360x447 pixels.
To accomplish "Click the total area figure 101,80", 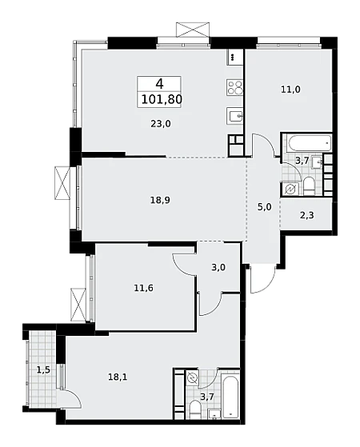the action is (162, 99).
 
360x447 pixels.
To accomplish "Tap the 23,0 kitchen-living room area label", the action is (160, 124).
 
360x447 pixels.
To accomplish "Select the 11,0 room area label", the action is (290, 90).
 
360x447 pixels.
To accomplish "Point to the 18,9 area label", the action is (160, 200).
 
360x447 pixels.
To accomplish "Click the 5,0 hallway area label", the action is (265, 207).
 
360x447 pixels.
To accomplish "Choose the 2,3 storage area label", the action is (307, 215).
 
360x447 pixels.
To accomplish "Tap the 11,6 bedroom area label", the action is (143, 288).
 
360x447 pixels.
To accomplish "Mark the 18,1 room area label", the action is (118, 377).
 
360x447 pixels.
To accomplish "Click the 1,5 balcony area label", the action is (43, 370).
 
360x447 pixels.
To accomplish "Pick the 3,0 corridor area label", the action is (218, 267).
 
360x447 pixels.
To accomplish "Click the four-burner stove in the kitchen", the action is (234, 87).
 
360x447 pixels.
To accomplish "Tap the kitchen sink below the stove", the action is (234, 115).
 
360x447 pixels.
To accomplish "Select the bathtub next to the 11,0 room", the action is (307, 143).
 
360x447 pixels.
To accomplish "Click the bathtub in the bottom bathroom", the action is (230, 394).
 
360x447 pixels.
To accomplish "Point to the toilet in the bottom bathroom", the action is (195, 409).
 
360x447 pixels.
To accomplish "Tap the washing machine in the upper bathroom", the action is (290, 189).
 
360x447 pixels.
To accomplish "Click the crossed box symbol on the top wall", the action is (193, 30).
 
